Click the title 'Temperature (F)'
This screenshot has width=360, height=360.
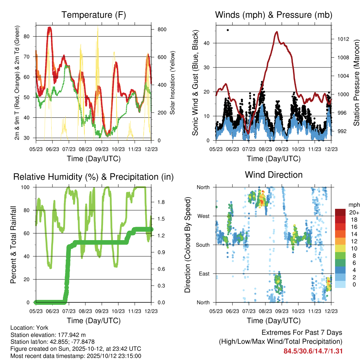point(94,15)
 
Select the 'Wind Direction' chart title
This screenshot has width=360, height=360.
point(274,175)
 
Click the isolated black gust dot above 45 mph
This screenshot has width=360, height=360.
point(228,30)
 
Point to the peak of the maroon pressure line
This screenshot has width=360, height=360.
point(277,32)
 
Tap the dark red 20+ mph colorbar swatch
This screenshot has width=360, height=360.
point(340,212)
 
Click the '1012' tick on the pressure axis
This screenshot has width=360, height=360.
point(342,39)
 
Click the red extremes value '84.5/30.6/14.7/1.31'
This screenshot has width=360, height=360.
point(313,351)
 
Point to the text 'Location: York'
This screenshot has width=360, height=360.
point(30,328)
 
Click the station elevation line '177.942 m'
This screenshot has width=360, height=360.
point(48,335)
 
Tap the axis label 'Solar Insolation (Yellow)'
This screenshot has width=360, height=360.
point(172,83)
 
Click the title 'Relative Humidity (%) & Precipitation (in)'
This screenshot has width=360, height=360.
point(94,177)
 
